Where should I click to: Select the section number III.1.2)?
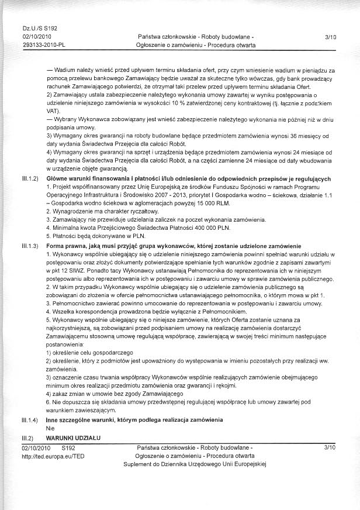(30, 177)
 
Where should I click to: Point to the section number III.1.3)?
(30, 246)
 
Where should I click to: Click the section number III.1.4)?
(30, 420)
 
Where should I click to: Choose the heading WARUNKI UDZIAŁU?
(74, 437)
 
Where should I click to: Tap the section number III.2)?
(27, 437)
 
